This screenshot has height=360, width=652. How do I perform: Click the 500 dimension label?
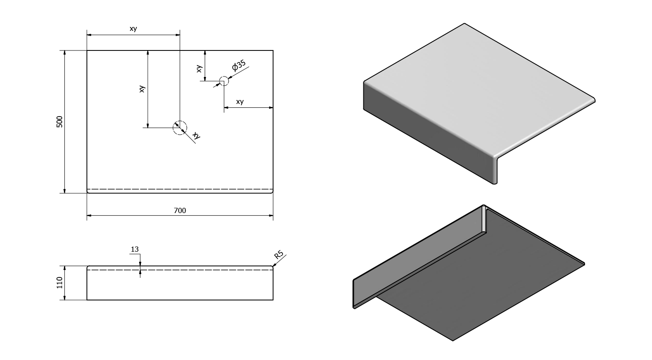click(x=60, y=122)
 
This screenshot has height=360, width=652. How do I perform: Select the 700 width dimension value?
click(x=180, y=210)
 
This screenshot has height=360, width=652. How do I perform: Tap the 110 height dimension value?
click(x=60, y=283)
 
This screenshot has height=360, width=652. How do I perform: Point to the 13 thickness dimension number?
click(x=135, y=250)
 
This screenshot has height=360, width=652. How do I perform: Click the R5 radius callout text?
click(x=279, y=254)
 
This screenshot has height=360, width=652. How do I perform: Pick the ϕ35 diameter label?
click(x=239, y=66)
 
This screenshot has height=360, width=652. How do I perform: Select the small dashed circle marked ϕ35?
click(x=223, y=81)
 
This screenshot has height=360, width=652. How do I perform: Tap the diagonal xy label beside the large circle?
click(x=196, y=135)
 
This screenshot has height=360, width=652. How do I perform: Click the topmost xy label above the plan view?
click(x=133, y=29)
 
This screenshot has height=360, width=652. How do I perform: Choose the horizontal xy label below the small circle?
click(x=240, y=102)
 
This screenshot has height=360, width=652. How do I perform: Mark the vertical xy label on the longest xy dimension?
click(x=142, y=89)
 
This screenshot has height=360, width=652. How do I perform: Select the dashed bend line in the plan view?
click(x=180, y=190)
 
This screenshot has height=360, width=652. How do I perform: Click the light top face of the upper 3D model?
click(x=474, y=87)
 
